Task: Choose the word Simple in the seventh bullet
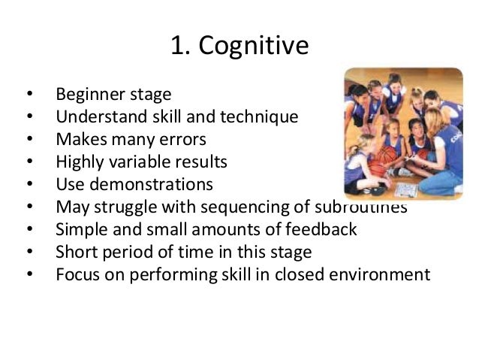[x=78, y=228]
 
